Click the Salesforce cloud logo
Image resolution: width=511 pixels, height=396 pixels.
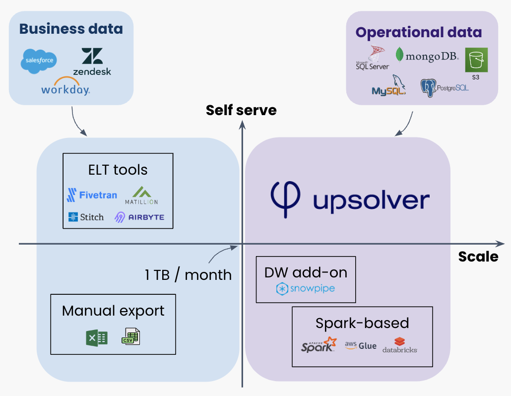click(39, 61)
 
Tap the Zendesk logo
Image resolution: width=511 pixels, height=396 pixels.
click(92, 62)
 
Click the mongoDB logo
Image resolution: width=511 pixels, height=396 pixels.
click(427, 56)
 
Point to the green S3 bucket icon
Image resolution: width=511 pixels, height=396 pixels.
click(476, 60)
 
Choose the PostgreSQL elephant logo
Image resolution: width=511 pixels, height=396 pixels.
click(445, 87)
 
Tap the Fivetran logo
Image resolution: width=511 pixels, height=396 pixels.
click(92, 195)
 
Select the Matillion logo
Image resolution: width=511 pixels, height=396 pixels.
click(141, 196)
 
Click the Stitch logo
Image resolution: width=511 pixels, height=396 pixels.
click(86, 217)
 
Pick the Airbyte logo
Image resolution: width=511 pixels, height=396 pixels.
click(139, 217)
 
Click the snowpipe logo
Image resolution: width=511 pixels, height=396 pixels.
click(306, 288)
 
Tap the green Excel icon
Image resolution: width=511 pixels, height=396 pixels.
click(96, 338)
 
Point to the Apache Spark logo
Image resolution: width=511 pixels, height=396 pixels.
click(319, 345)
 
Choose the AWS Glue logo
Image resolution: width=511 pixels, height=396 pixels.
click(361, 345)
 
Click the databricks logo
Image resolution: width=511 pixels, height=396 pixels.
click(400, 345)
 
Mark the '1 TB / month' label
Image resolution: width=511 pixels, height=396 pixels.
click(188, 274)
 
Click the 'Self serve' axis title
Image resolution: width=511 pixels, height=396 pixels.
click(241, 110)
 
